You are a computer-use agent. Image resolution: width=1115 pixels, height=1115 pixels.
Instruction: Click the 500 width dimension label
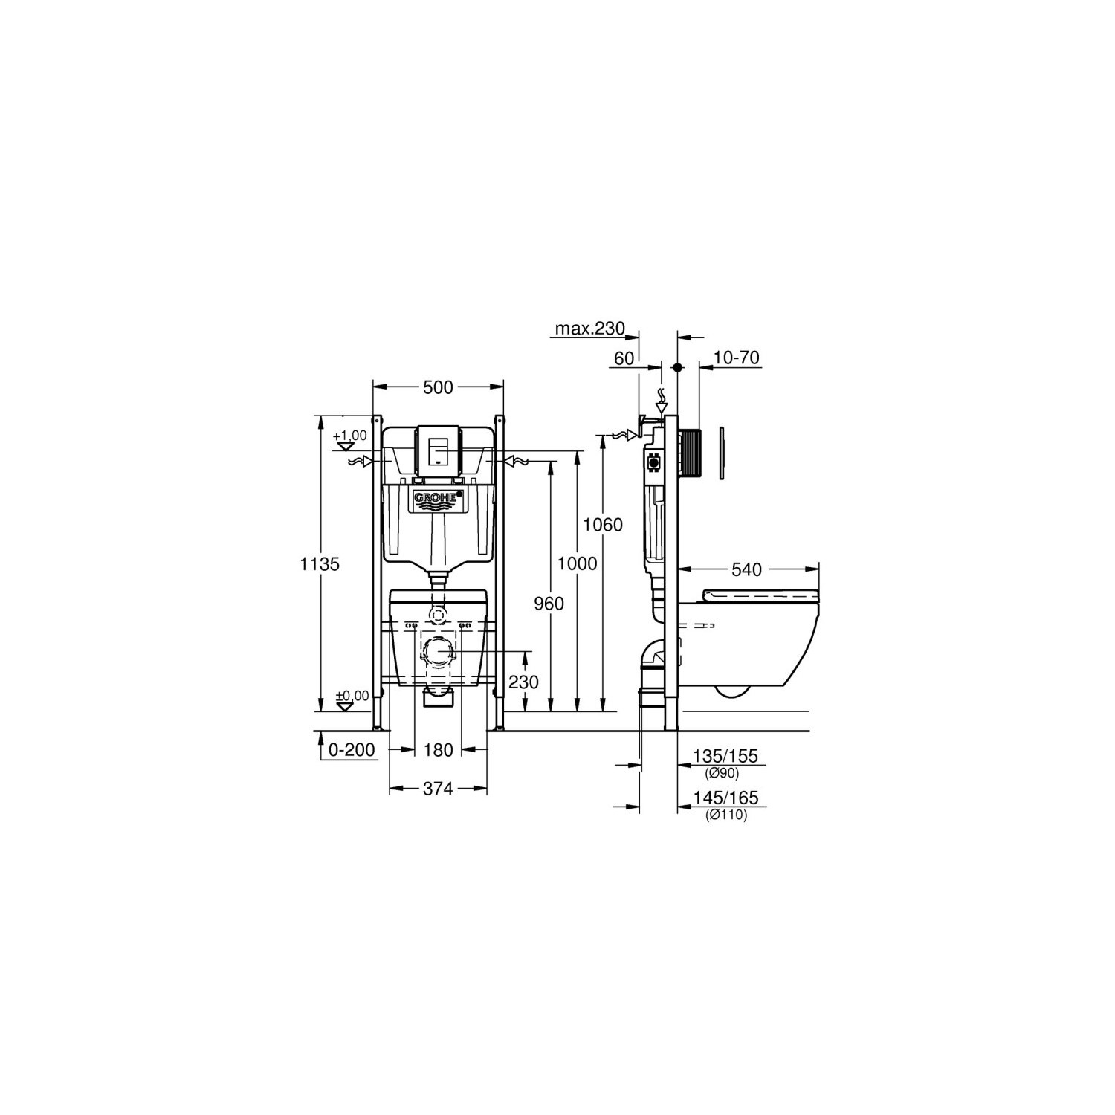point(438,387)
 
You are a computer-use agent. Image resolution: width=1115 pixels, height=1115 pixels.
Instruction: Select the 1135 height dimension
point(320,564)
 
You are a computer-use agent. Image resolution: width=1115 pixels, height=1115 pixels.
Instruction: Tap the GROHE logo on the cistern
point(439,498)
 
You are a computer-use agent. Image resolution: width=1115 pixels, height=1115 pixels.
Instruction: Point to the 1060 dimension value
point(602,526)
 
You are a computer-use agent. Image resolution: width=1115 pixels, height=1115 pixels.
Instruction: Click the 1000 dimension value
point(578,564)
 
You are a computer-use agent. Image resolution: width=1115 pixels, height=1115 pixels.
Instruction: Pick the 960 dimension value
point(549,604)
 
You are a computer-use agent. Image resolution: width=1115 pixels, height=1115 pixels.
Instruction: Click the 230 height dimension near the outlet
point(525,682)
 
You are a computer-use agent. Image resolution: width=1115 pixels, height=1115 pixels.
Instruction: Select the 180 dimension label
point(438,750)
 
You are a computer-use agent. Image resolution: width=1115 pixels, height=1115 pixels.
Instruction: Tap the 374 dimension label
point(438,789)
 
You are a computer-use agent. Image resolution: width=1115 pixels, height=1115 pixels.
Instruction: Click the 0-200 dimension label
point(352,750)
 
